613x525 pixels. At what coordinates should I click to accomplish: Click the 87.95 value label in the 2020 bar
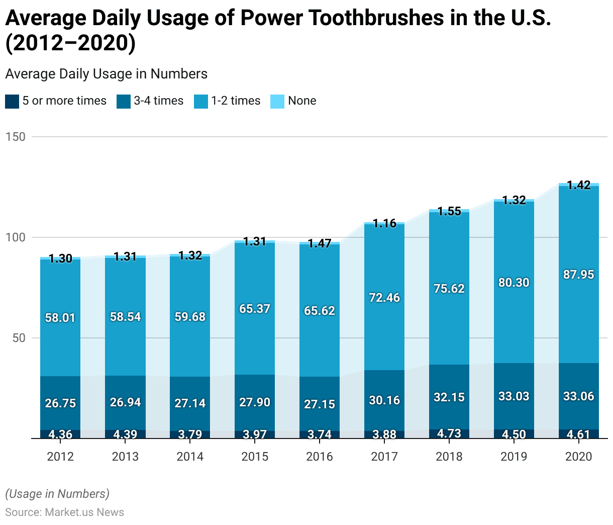pyautogui.click(x=578, y=275)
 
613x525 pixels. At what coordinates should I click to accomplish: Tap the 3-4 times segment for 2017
pyautogui.click(x=384, y=387)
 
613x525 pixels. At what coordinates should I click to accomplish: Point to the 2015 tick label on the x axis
pyautogui.click(x=255, y=457)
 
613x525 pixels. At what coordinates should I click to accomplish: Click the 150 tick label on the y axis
pyautogui.click(x=15, y=137)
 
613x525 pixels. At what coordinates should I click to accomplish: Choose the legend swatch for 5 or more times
pyautogui.click(x=12, y=101)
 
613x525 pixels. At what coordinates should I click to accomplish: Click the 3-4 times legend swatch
pyautogui.click(x=124, y=101)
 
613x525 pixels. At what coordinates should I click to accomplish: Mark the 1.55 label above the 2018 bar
pyautogui.click(x=449, y=211)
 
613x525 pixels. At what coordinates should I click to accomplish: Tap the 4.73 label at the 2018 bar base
pyautogui.click(x=449, y=433)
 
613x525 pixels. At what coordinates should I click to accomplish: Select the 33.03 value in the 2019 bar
pyautogui.click(x=514, y=396)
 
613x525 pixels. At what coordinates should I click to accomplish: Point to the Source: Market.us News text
pyautogui.click(x=65, y=512)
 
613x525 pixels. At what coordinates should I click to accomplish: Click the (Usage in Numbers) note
pyautogui.click(x=57, y=494)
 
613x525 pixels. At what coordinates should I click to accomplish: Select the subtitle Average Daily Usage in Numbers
pyautogui.click(x=107, y=74)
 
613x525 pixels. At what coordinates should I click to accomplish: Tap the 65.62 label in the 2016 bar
pyautogui.click(x=320, y=311)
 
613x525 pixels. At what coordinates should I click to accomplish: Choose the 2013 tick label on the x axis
pyautogui.click(x=125, y=457)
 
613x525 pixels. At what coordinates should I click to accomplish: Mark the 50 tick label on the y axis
pyautogui.click(x=19, y=338)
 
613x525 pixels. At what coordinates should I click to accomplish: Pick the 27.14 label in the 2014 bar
pyautogui.click(x=190, y=403)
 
